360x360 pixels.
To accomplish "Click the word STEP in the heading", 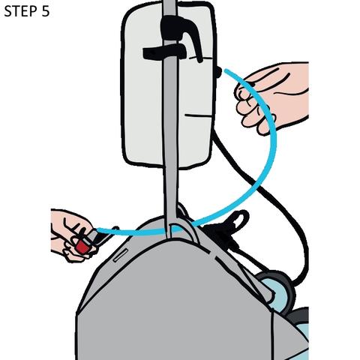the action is click(x=20, y=11).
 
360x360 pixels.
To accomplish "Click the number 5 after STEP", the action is click(x=46, y=11).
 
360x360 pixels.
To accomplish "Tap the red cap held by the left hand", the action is click(x=82, y=247).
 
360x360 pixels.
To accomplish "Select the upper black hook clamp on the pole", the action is click(x=180, y=30).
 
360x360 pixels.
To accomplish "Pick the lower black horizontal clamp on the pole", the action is click(x=164, y=52).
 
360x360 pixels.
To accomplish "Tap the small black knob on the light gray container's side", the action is click(x=218, y=72).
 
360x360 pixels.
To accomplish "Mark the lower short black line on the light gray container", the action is click(x=197, y=115).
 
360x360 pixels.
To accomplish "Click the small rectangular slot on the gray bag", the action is click(x=121, y=255).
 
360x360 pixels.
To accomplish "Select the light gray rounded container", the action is click(x=168, y=85).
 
